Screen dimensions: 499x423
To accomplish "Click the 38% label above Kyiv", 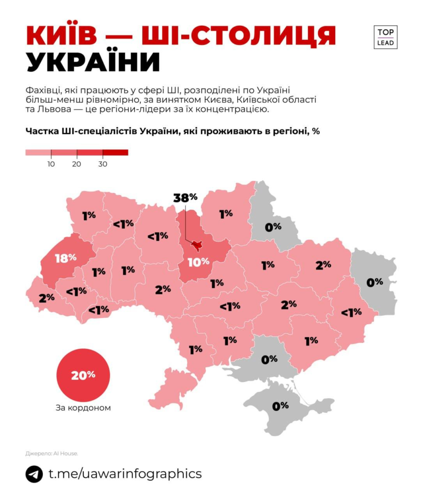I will [185, 197].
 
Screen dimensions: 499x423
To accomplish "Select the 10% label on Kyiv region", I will [198, 262].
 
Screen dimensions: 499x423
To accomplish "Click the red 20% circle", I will [83, 375].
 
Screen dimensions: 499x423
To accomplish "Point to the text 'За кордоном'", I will [83, 408].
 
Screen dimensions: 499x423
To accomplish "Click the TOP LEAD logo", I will [386, 37].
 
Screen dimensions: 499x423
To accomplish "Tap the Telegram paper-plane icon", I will [35, 474].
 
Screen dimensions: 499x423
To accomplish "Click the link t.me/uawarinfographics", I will [125, 474].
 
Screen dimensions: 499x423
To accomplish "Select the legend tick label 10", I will [51, 164].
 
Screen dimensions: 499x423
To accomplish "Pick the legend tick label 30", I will [103, 164].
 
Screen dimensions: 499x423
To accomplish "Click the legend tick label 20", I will [77, 164].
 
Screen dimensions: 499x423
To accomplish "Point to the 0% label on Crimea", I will [281, 405].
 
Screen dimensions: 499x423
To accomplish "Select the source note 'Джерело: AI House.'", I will [52, 453].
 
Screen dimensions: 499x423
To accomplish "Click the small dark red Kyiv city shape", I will [197, 245].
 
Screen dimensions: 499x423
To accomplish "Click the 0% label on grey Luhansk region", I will [375, 282].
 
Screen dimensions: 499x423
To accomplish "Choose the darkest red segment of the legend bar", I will [115, 152].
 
